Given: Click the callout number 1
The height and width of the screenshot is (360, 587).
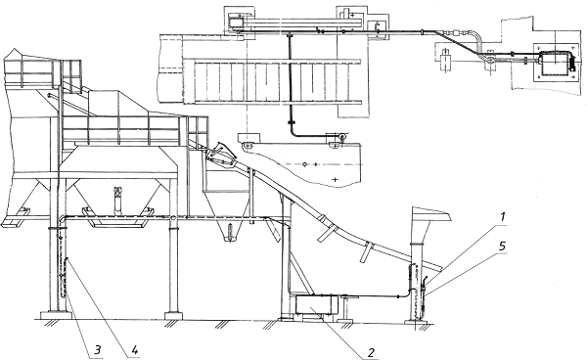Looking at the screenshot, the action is (503, 217).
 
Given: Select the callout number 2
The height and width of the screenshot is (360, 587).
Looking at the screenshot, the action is (371, 352).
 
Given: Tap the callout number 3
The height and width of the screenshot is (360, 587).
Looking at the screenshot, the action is (97, 350).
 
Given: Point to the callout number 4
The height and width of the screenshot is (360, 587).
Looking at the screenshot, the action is (135, 350).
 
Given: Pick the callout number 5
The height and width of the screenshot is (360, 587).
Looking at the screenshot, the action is (503, 247).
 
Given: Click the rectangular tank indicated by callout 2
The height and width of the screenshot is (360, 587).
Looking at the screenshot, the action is (317, 304).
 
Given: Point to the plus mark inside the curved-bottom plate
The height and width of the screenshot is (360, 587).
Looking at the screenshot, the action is (335, 180).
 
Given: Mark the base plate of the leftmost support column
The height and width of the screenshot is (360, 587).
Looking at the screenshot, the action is (56, 315).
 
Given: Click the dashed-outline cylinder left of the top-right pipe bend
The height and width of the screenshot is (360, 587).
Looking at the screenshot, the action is (445, 60).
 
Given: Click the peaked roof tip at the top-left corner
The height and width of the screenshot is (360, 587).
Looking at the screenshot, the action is (15, 49).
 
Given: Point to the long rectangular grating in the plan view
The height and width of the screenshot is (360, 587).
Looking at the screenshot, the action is (278, 81).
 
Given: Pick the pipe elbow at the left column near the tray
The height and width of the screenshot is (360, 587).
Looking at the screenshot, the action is (63, 219).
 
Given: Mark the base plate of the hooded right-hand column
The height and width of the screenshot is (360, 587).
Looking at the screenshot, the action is (418, 322).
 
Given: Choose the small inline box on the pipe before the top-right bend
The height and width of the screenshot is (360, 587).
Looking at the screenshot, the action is (457, 32).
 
